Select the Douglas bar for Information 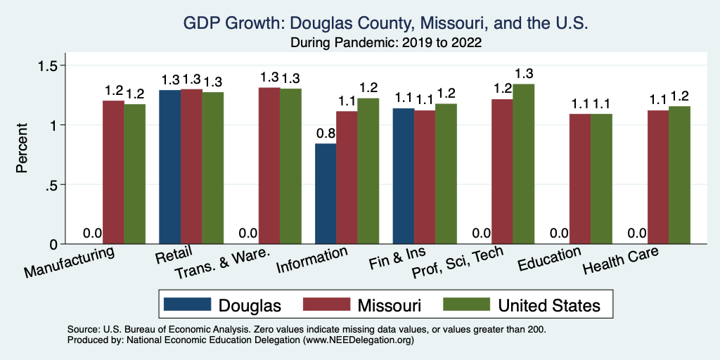click(326, 194)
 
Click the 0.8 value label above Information click(326, 133)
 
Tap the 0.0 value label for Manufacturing click(93, 233)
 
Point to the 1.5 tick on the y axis click(57, 65)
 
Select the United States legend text click(549, 305)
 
